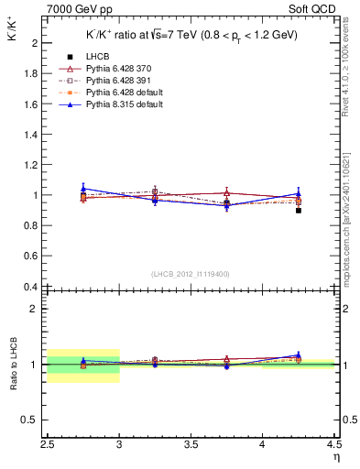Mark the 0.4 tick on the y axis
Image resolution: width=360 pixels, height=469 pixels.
29,287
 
